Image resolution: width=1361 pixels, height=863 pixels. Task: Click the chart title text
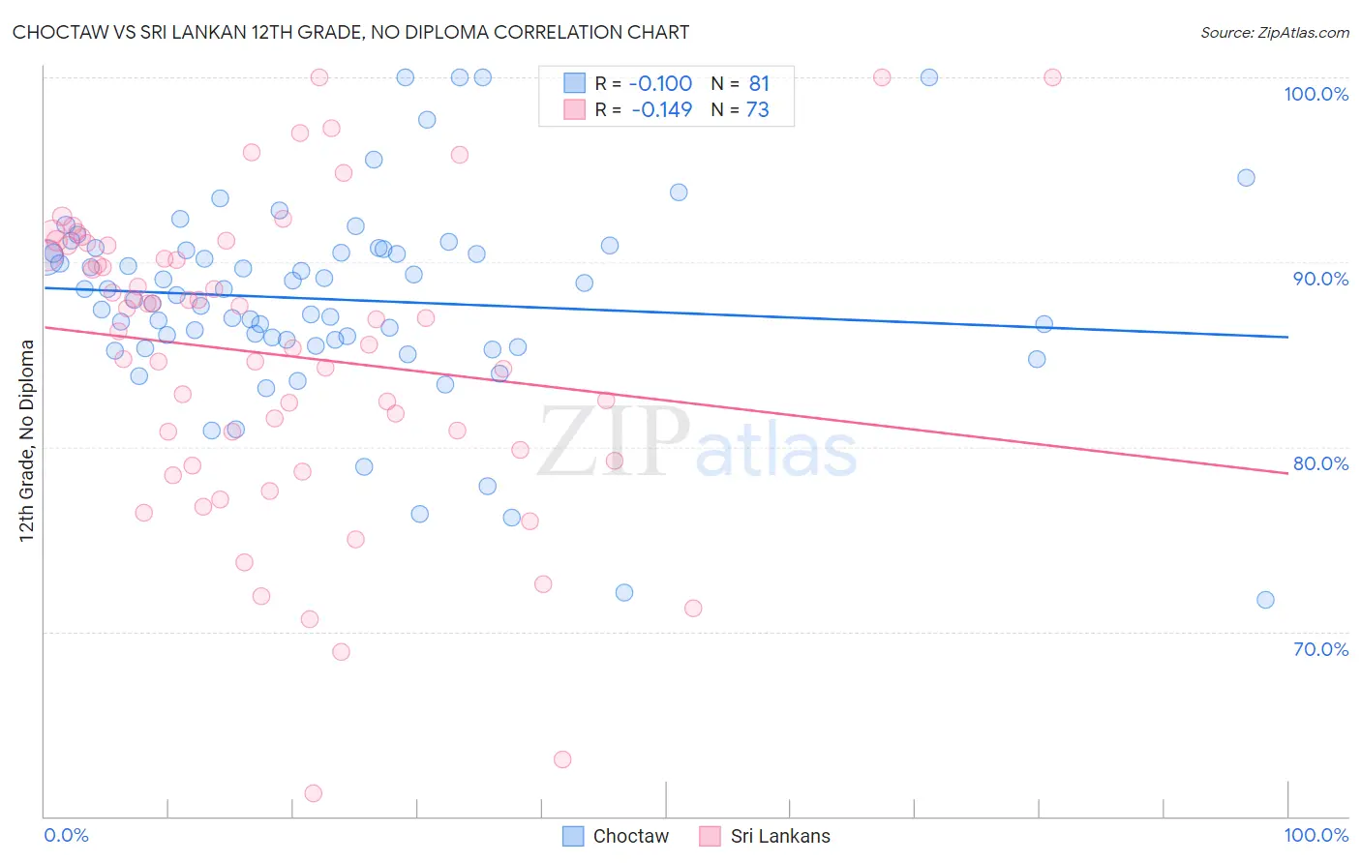click(x=350, y=32)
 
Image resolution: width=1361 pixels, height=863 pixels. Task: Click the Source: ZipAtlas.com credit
click(x=1274, y=32)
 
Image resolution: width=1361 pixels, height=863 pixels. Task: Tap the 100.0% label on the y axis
click(x=1316, y=94)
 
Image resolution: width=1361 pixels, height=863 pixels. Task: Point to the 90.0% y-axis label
click(x=1320, y=279)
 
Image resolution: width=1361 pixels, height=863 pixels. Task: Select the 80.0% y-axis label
click(x=1320, y=463)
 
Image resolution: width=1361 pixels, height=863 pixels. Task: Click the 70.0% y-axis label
click(x=1320, y=649)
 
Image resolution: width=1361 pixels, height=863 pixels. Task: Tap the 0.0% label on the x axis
click(x=66, y=835)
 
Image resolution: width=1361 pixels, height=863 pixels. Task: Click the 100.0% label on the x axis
click(x=1316, y=835)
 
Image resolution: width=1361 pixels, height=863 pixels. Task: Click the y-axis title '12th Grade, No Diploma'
click(x=27, y=440)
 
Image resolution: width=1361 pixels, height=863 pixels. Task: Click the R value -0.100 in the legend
click(x=661, y=83)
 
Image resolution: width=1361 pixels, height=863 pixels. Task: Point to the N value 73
click(x=757, y=109)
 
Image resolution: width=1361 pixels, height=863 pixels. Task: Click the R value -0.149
click(x=661, y=109)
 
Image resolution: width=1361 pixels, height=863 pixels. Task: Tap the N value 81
click(x=758, y=83)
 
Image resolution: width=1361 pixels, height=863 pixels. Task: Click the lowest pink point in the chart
click(x=313, y=793)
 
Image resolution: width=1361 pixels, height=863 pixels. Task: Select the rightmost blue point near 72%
click(x=1265, y=600)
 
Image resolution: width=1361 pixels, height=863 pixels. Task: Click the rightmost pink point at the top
click(x=1052, y=77)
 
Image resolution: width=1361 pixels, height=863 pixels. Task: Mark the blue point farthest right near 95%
click(x=1246, y=178)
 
